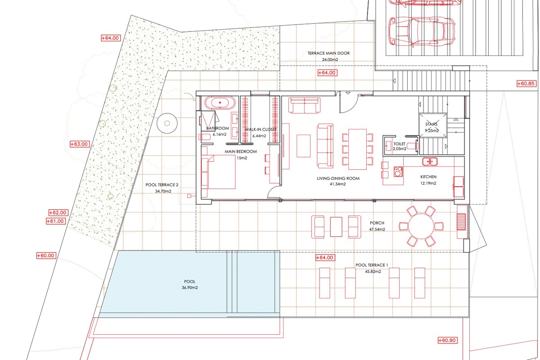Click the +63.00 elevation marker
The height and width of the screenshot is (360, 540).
[x=80, y=144]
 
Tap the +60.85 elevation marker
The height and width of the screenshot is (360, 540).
[x=526, y=84]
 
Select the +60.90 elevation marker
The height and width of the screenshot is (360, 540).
[x=447, y=340]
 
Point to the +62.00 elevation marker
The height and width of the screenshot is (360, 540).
[x=58, y=213]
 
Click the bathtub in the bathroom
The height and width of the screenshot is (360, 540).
[x=220, y=103]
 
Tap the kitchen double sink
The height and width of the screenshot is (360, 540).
[x=430, y=161]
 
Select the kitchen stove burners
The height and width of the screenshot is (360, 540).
[x=398, y=171]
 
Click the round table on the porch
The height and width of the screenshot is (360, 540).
[x=421, y=226]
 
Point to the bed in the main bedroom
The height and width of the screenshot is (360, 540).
[x=218, y=172]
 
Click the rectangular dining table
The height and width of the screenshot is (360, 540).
[x=357, y=149]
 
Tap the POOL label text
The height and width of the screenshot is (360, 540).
[x=190, y=281]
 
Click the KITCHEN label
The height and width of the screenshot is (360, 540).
[x=428, y=177]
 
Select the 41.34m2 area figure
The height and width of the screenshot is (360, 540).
[x=338, y=184]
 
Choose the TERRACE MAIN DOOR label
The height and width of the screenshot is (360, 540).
[x=328, y=53]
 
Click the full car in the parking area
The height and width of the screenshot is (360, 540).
[x=422, y=32]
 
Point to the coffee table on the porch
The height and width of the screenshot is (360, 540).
[x=336, y=227]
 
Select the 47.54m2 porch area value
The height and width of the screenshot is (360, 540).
[x=377, y=229]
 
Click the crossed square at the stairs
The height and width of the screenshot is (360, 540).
[x=433, y=125]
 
